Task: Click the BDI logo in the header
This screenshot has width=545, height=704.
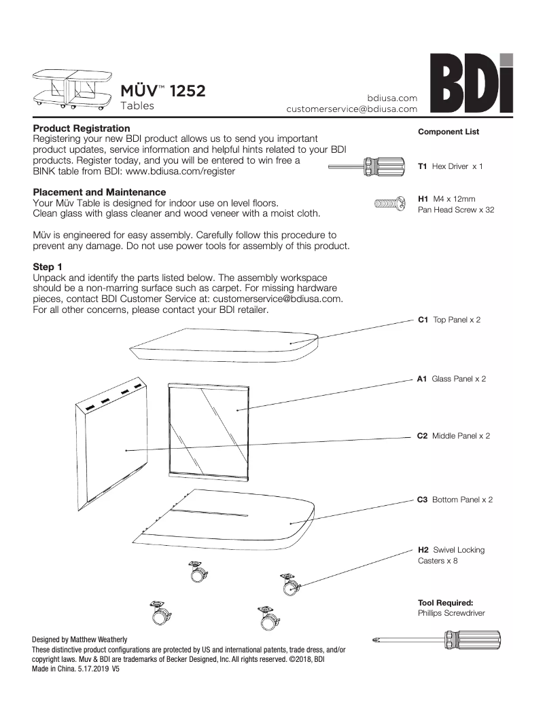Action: tap(470, 83)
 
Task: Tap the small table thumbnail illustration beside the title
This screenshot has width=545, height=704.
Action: tap(71, 89)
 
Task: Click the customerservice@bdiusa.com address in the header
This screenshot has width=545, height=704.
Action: tap(351, 109)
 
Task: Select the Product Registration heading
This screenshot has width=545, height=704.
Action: tap(82, 128)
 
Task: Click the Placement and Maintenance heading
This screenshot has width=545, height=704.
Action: tap(99, 193)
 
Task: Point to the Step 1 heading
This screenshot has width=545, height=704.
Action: tap(49, 267)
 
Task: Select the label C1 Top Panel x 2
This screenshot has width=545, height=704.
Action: tap(449, 319)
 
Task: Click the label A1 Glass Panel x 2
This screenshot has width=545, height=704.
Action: tap(451, 379)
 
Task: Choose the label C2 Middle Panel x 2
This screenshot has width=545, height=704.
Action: tap(453, 436)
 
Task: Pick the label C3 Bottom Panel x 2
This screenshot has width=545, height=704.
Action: tap(455, 500)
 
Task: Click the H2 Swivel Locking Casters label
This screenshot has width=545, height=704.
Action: tap(451, 555)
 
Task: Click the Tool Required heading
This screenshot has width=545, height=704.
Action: tap(445, 602)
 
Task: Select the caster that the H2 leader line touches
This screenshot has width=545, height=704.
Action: tap(289, 585)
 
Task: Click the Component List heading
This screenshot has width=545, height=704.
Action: tap(448, 132)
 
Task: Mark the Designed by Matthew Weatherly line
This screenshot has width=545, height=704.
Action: tap(80, 640)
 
